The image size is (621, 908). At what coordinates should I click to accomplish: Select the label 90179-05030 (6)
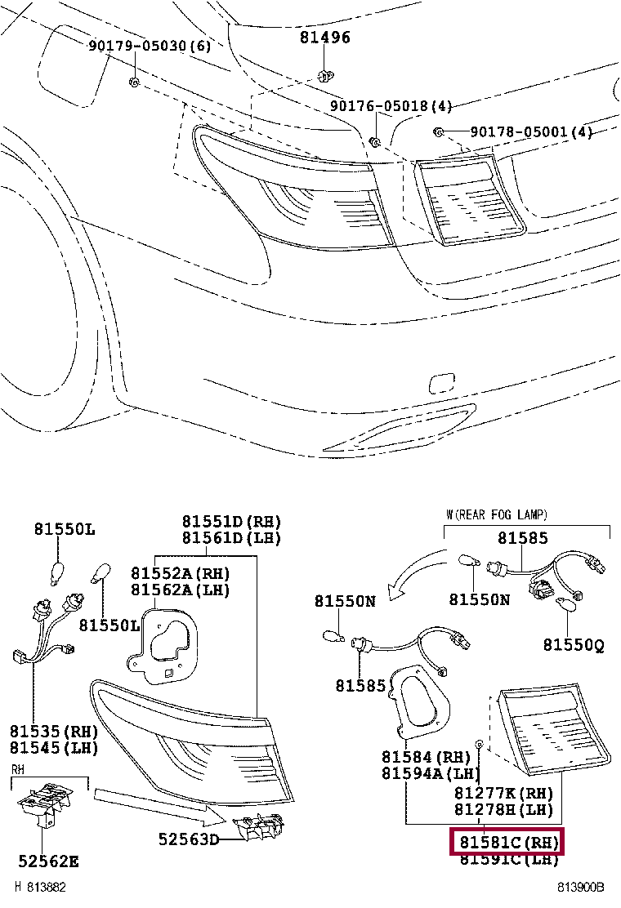click(x=150, y=47)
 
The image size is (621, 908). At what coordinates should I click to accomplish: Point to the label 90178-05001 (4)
click(x=530, y=132)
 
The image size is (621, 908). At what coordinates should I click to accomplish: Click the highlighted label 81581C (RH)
click(x=507, y=841)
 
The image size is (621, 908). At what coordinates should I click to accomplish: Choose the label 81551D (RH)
click(x=231, y=522)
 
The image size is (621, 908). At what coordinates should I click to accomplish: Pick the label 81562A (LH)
click(x=181, y=590)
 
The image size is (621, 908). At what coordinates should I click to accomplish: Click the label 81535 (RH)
click(x=54, y=731)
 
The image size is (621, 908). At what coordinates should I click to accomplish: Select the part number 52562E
click(x=49, y=861)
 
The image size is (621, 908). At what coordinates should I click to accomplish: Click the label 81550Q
click(x=574, y=645)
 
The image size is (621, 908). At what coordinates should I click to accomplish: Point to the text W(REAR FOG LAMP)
click(x=497, y=514)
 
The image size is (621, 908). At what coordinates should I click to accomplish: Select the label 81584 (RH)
click(x=427, y=758)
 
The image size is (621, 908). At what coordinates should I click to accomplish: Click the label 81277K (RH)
click(x=504, y=793)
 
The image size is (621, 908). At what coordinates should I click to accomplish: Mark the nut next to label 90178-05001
click(x=438, y=132)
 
